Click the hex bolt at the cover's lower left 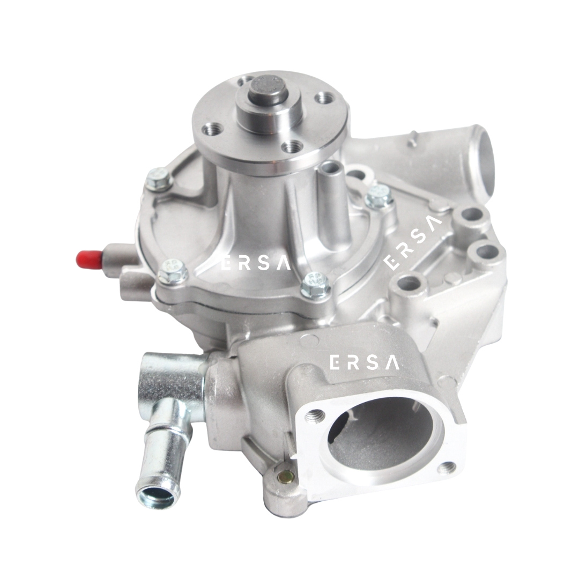pos(173,272)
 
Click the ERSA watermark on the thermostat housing pos(364,362)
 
